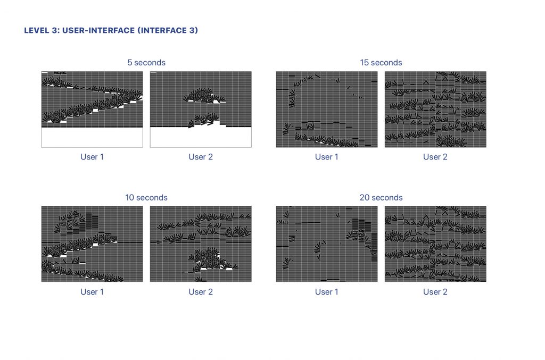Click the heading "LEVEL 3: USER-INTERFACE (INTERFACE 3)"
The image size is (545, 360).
point(111,30)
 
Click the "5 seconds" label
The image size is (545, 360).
point(146,63)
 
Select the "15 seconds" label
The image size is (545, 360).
point(381,63)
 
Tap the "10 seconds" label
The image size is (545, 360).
point(146,197)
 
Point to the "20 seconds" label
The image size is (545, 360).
point(381,197)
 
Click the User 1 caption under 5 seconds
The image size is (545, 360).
point(92,157)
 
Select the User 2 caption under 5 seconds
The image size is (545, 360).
point(201,157)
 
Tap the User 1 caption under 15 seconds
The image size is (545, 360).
point(327,157)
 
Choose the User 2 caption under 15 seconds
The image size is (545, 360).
point(435,157)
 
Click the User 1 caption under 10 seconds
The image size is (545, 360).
point(92,292)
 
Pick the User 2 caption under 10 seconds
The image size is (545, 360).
point(201,292)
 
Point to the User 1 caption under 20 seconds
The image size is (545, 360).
point(327,292)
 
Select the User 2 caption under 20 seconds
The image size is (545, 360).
point(435,292)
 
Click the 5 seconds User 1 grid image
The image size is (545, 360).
point(92,110)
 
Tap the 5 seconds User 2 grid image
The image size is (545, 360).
point(201,110)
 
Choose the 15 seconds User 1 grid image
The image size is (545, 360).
point(327,110)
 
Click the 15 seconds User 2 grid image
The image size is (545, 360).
point(435,110)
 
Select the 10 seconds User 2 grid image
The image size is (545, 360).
point(201,244)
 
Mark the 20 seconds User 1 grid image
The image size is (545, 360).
point(327,244)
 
